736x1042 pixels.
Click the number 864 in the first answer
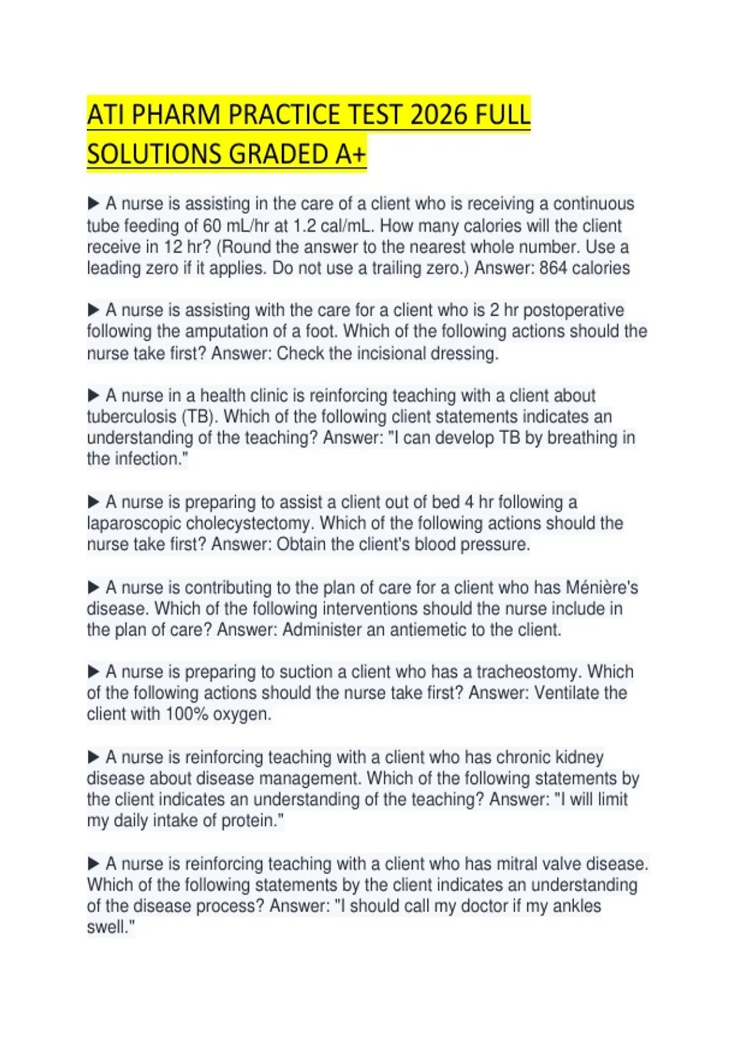(x=553, y=268)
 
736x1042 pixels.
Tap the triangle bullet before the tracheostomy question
(x=94, y=671)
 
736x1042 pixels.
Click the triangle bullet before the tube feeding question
(x=94, y=203)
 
